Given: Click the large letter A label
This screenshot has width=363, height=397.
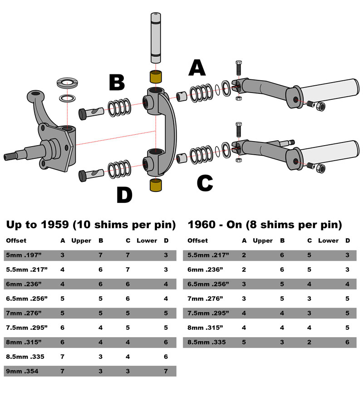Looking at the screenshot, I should point(197,68).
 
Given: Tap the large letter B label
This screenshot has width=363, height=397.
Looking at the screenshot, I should point(117,83).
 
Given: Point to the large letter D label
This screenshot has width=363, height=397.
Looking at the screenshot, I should point(124,195).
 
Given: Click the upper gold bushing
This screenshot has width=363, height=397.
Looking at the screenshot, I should point(157,76).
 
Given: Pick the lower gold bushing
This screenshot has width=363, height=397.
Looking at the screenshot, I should point(157,185).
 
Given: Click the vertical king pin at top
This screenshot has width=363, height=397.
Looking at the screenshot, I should point(155,39).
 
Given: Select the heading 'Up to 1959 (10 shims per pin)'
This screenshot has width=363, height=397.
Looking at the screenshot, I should point(90,225).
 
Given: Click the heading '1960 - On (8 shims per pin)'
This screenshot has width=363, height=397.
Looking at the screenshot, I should point(265,225).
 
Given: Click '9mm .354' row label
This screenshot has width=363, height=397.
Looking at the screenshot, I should point(22,371).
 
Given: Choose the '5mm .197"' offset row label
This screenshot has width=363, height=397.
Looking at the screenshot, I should point(23,255).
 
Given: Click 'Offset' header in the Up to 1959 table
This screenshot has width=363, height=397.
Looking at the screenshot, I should point(16,240).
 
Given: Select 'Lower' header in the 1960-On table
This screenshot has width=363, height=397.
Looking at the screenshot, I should point(328,240).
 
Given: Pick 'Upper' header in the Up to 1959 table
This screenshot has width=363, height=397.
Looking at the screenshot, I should point(82,240).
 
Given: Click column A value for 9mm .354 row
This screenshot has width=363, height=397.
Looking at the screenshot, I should point(63,371).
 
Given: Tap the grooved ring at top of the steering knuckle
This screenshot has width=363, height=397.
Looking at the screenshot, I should point(67,83).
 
